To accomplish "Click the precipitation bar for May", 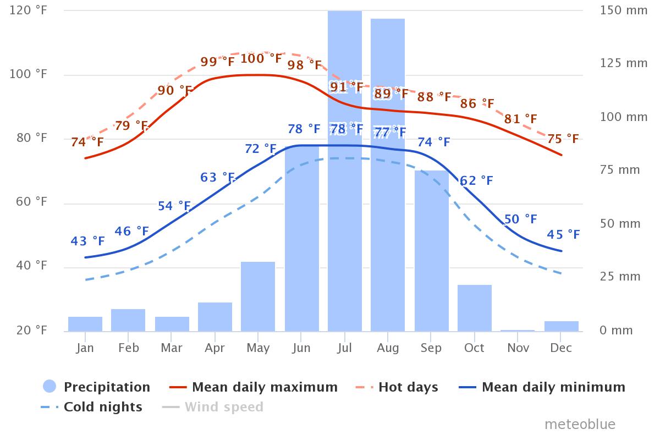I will [258, 296].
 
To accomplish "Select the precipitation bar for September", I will [432, 251].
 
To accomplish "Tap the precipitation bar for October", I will [475, 308].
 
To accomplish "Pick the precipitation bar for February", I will [128, 320].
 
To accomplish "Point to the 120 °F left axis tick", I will [28, 10].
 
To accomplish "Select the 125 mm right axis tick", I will [624, 63].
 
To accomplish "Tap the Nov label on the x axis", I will [518, 348].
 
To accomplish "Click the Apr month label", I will [215, 348].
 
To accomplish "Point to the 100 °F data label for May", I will [261, 58].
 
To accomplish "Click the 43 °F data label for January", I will [87, 241].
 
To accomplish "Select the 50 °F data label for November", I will [520, 219].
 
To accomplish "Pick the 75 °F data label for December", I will [563, 139].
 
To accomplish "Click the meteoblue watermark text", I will [580, 424].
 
